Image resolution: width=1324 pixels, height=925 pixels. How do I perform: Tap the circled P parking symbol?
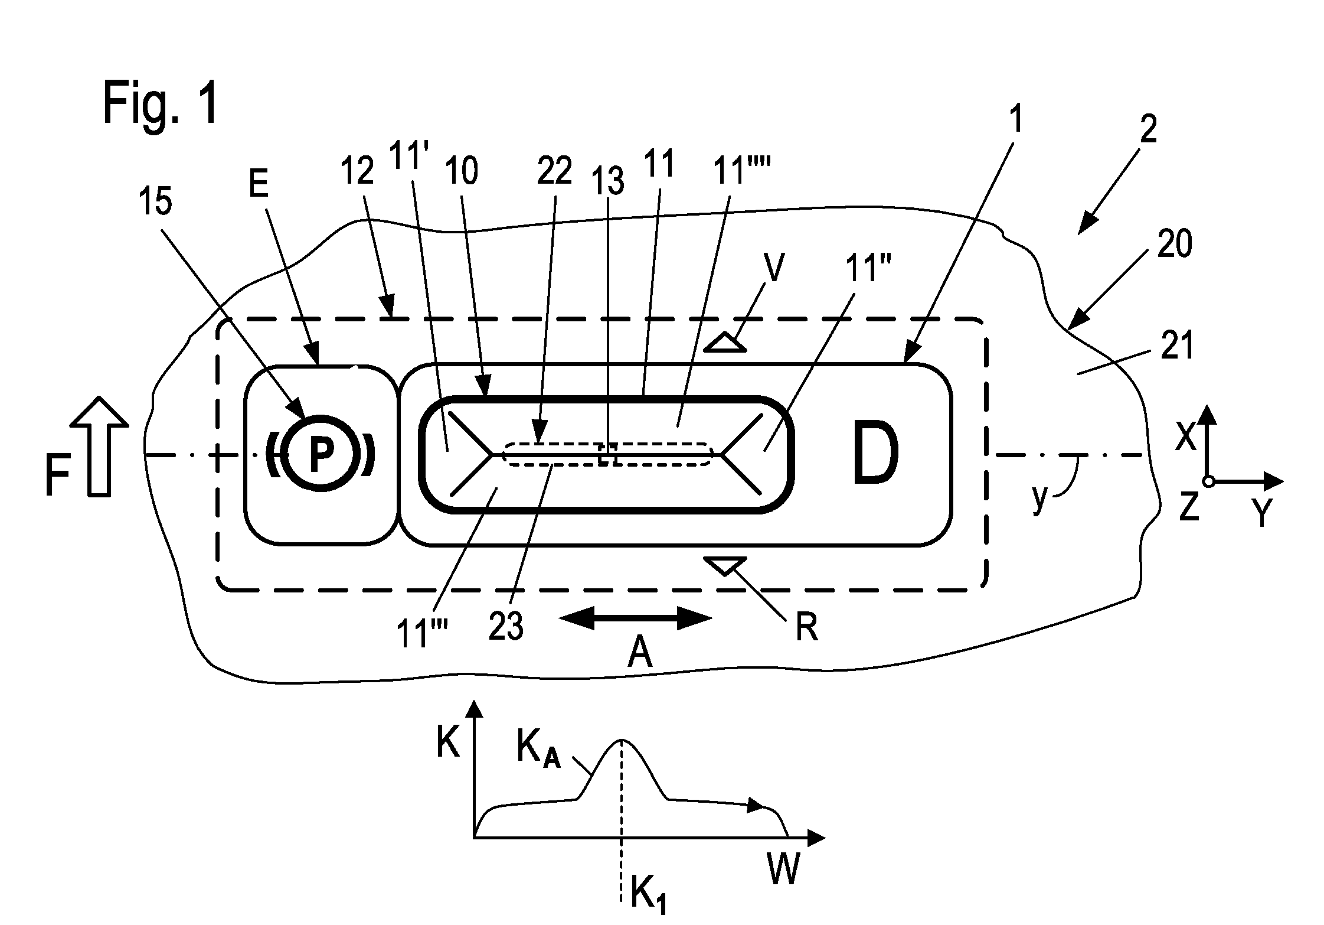click(319, 455)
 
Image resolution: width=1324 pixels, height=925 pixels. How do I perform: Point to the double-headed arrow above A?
click(635, 618)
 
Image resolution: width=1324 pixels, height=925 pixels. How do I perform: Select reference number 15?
click(156, 201)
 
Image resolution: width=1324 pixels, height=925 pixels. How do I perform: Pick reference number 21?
click(1176, 346)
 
